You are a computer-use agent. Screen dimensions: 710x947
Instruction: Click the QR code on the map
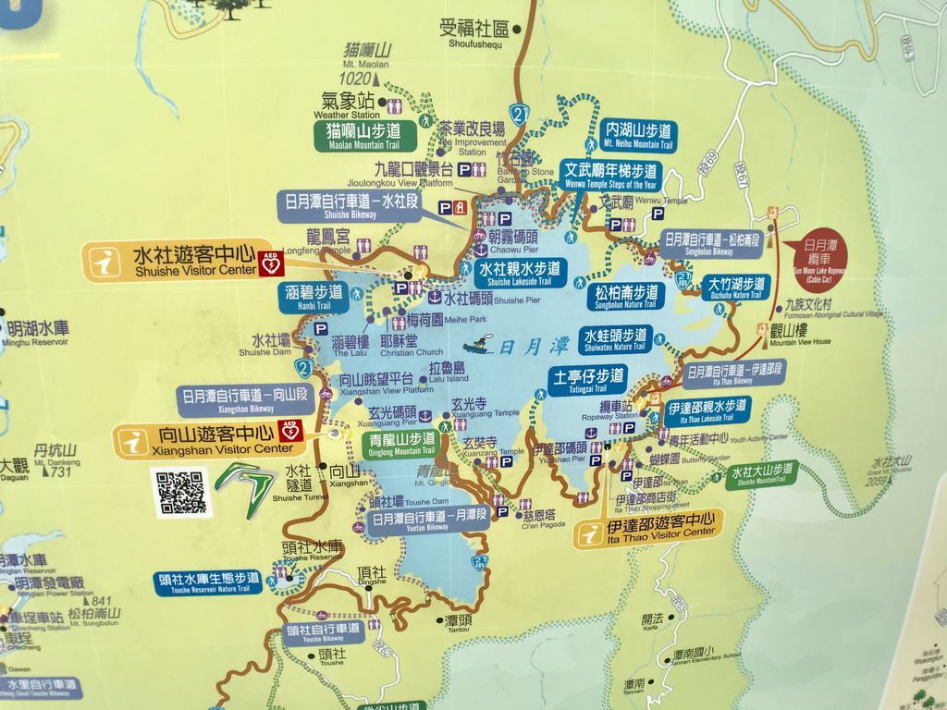[180, 492]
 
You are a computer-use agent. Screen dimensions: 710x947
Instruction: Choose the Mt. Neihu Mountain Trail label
[637, 136]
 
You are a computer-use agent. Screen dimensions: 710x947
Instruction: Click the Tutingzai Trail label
[587, 382]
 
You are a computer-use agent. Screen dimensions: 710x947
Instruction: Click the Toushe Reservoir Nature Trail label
[208, 582]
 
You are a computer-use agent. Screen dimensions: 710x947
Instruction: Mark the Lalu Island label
[449, 373]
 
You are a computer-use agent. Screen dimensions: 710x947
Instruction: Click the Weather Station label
[344, 104]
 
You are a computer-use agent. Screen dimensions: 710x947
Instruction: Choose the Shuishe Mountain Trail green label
[762, 473]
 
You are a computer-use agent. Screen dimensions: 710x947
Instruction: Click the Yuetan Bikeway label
[429, 521]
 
